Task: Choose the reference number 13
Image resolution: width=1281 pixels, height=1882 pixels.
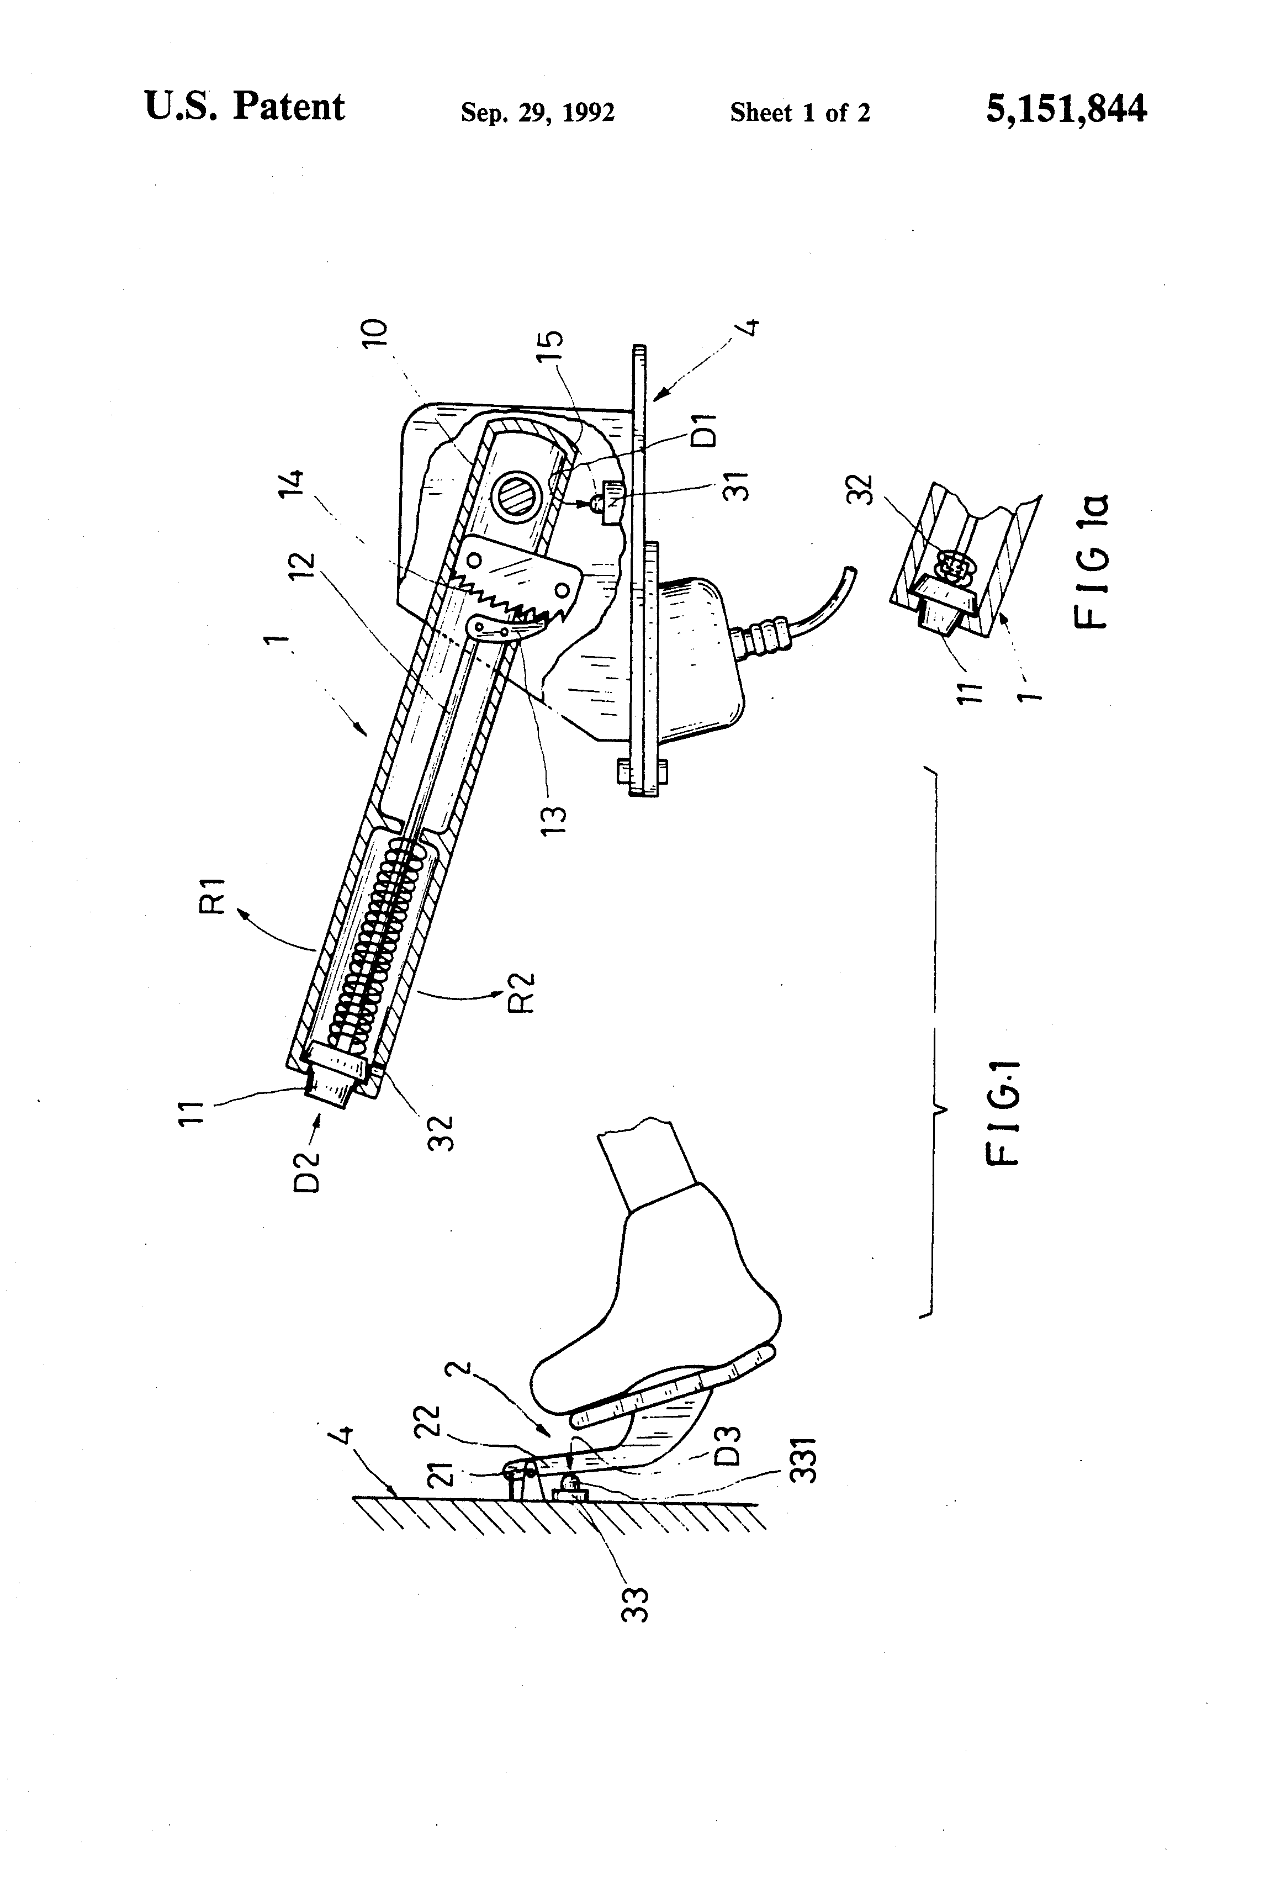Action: click(x=555, y=821)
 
